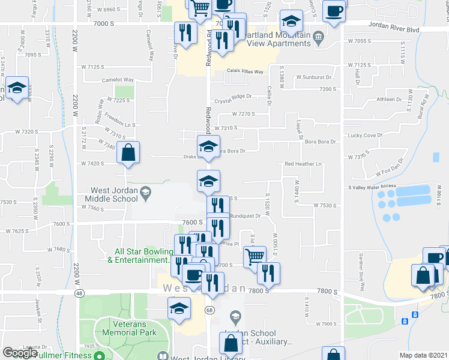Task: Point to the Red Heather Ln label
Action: click(x=303, y=164)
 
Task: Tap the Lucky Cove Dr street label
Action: click(x=365, y=136)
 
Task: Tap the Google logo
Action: click(x=20, y=353)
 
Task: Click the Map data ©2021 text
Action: click(x=424, y=355)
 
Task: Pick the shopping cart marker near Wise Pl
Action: click(x=255, y=257)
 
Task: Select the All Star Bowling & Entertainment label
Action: click(x=137, y=256)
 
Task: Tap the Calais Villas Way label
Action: click(x=245, y=71)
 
